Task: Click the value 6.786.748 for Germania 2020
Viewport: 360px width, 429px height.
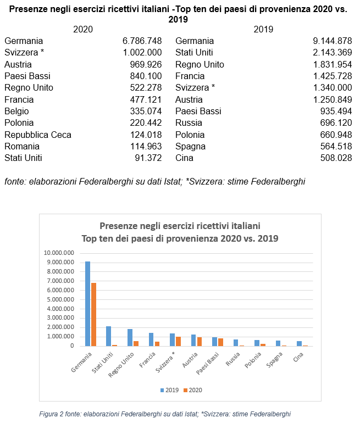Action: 142,41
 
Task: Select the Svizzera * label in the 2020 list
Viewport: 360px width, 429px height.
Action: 24,53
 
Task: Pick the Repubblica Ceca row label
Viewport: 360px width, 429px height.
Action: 38,135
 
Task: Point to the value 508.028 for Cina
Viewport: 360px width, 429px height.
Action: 336,158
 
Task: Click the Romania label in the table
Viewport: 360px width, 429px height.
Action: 22,146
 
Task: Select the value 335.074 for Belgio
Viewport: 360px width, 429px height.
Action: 145,112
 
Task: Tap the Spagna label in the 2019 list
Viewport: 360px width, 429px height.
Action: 190,146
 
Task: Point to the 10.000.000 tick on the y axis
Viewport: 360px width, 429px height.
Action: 59,253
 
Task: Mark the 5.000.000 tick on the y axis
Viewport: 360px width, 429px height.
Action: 60,299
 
